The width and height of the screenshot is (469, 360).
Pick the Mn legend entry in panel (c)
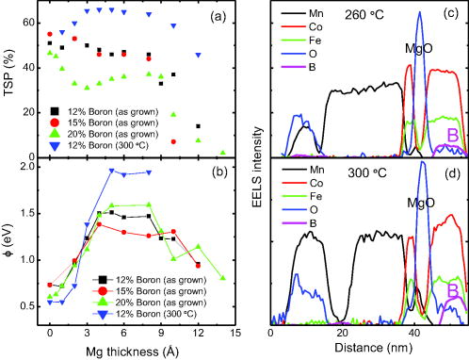[x=313, y=14]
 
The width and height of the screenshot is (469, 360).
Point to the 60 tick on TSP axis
[x=30, y=21]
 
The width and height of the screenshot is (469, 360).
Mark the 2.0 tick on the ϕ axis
[x=28, y=167]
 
